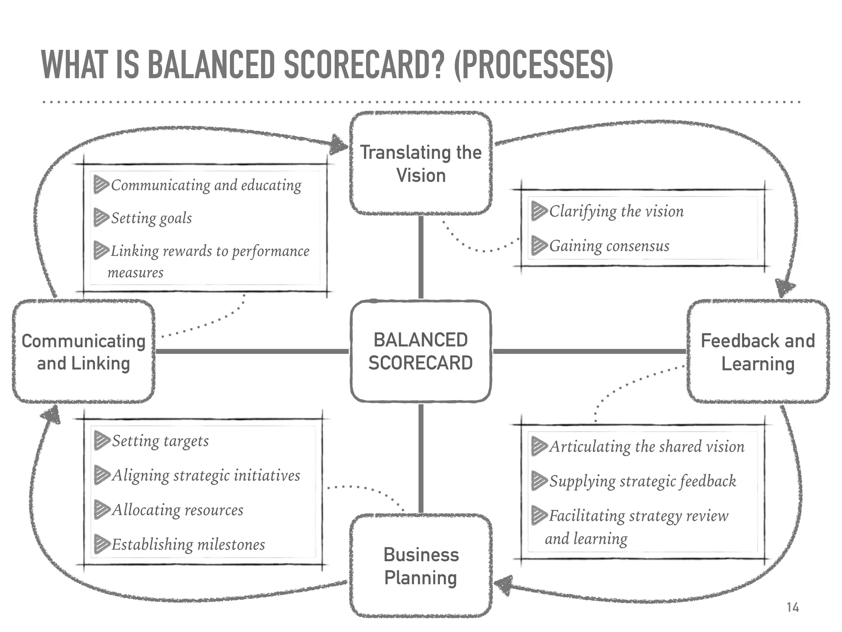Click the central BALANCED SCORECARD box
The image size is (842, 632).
421,351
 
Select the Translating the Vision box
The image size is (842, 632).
421,163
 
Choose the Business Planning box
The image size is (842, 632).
421,566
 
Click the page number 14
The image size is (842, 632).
792,607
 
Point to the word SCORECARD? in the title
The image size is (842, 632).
364,65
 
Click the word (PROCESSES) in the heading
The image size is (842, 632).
533,65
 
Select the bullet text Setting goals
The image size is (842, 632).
151,218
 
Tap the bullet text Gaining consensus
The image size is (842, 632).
609,246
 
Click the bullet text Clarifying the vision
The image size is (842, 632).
616,211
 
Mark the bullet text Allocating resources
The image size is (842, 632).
178,510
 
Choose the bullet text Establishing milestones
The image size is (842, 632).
188,545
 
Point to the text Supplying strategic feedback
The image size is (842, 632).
643,481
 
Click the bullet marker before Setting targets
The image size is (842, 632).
102,440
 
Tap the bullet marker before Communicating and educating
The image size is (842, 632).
101,184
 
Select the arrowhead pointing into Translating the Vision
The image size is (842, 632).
340,144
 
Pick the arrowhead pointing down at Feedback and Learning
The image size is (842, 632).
784,288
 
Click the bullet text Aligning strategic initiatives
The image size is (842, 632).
206,476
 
